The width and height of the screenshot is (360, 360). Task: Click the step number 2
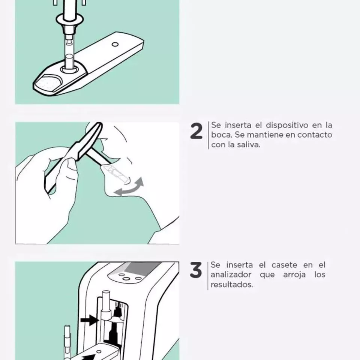tap(196, 131)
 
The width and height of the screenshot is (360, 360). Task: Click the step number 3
tap(196, 270)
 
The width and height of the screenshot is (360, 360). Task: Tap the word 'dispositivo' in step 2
tap(287, 125)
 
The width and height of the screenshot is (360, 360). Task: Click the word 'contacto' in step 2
tap(315, 135)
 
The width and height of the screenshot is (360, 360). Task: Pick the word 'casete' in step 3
tap(284, 265)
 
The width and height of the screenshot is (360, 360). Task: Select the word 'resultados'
tap(231, 285)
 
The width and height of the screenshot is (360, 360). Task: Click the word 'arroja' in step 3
tap(294, 275)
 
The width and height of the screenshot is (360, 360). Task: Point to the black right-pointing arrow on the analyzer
tap(90, 320)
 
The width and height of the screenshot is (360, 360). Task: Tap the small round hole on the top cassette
tap(115, 44)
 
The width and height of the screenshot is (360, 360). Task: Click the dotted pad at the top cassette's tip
tap(48, 83)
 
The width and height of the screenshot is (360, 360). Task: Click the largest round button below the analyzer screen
tap(126, 279)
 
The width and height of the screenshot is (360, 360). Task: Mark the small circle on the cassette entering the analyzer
tap(99, 351)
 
